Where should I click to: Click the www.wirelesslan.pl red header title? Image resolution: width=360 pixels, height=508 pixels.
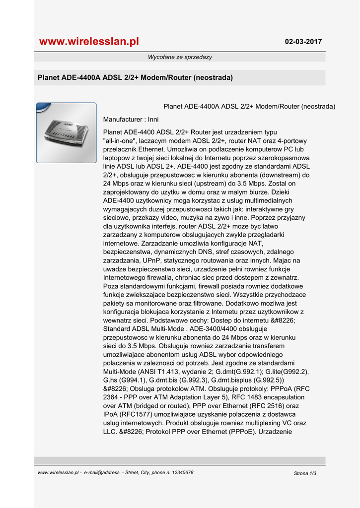[89, 42]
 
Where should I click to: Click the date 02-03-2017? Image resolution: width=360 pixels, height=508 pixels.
[303, 42]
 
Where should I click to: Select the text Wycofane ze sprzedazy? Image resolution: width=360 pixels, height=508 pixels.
[180, 57]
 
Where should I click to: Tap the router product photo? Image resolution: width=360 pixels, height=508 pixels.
[66, 133]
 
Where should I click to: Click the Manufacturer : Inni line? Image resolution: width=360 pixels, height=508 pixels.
[131, 120]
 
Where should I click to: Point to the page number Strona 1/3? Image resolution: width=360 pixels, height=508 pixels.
[305, 473]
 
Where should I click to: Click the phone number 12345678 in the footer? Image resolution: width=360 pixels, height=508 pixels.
[179, 473]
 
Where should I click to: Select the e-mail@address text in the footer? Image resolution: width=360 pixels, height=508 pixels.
[102, 473]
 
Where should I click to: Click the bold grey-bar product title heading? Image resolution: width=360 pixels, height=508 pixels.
[136, 78]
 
